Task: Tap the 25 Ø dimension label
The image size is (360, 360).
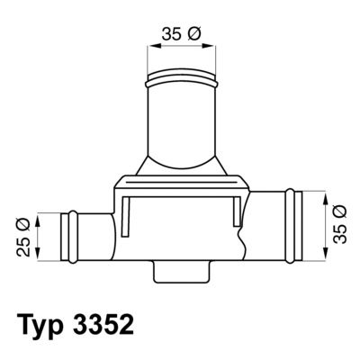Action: pos(24,235)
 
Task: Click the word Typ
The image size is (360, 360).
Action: pos(43,321)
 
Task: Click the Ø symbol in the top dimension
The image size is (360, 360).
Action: pos(195,34)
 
